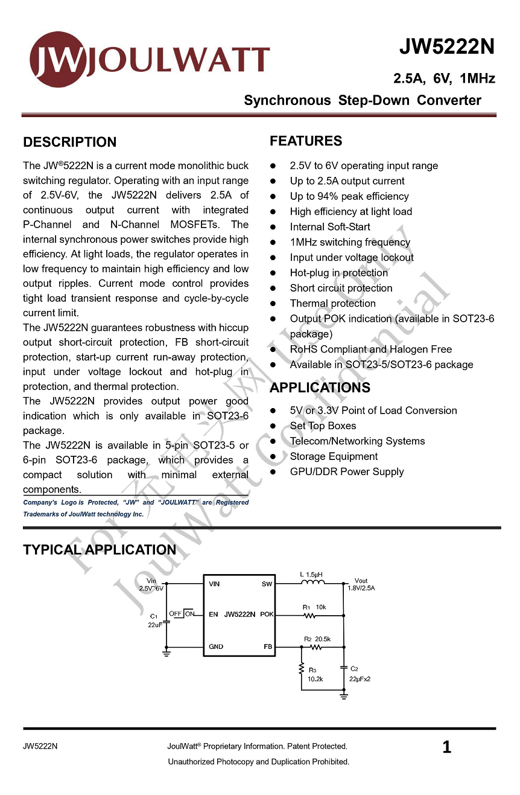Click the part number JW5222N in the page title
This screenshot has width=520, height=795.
446,47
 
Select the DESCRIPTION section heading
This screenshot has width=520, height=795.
70,142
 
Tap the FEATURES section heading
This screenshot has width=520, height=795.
306,141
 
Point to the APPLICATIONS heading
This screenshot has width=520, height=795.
320,388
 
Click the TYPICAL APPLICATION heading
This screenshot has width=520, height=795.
100,550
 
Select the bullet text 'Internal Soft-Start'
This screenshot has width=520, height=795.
330,227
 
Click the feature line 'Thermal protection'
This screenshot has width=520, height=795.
332,304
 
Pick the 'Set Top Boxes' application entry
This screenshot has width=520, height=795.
323,426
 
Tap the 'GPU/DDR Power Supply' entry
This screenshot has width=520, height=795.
347,471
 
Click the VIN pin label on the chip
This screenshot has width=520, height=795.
214,584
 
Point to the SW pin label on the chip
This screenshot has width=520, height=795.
267,584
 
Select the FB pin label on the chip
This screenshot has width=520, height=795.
268,647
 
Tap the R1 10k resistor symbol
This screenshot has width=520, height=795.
309,616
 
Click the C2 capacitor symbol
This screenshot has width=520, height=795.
344,668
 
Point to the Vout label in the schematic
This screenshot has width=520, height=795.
361,581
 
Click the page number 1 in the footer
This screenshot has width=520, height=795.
446,747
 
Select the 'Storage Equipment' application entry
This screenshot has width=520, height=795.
334,456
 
